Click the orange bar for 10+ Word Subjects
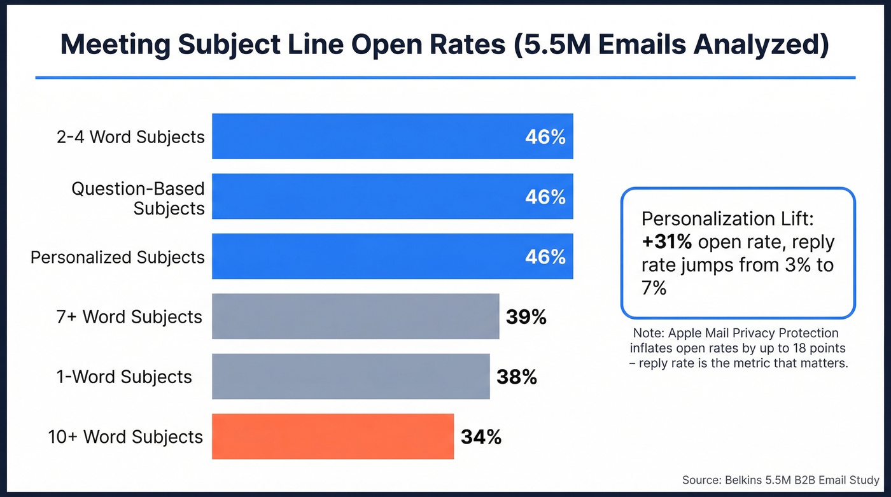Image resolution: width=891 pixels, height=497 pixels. click(x=333, y=437)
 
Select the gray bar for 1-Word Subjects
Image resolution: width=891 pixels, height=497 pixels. click(x=351, y=377)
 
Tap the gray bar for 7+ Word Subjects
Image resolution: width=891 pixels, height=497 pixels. click(x=355, y=316)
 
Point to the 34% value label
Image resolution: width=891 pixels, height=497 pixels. click(x=481, y=437)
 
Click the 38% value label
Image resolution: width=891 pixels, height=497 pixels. click(x=516, y=377)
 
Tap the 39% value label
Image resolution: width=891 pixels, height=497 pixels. click(x=526, y=317)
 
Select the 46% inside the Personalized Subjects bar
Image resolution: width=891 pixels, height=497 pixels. click(x=545, y=257)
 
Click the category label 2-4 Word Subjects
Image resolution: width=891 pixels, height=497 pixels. click(x=130, y=137)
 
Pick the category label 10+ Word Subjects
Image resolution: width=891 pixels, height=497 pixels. click(x=125, y=437)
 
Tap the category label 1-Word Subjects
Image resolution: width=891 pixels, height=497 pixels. click(x=124, y=377)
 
